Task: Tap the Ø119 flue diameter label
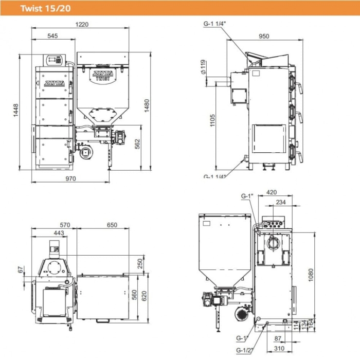click(203, 67)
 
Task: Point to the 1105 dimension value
click(212, 121)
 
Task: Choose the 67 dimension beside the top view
click(21, 269)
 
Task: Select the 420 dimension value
click(272, 193)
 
